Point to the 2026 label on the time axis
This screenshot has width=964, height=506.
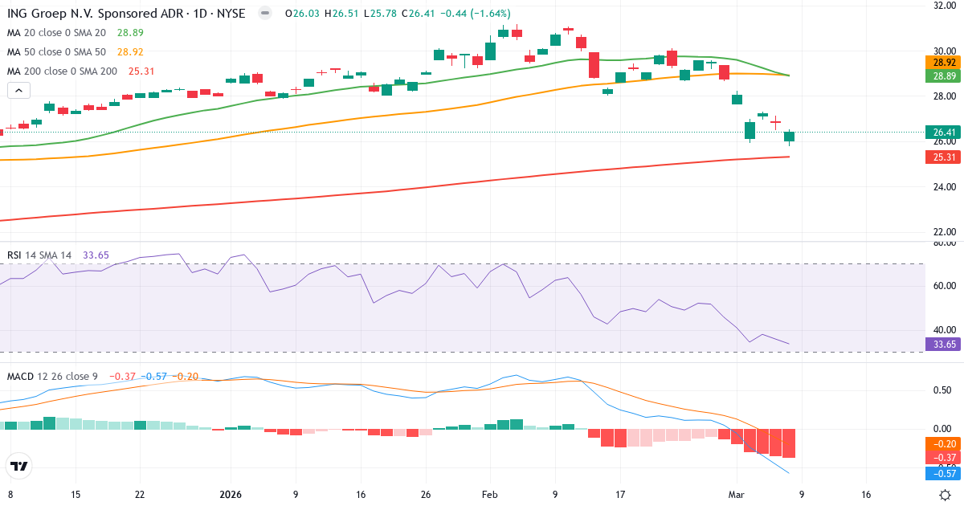(231, 494)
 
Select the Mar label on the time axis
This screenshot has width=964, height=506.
(736, 494)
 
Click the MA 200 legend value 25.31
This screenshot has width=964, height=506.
(141, 71)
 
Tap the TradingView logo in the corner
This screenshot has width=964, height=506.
(19, 466)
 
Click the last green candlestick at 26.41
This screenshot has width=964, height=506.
(789, 137)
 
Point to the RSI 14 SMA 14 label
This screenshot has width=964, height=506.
(39, 255)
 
